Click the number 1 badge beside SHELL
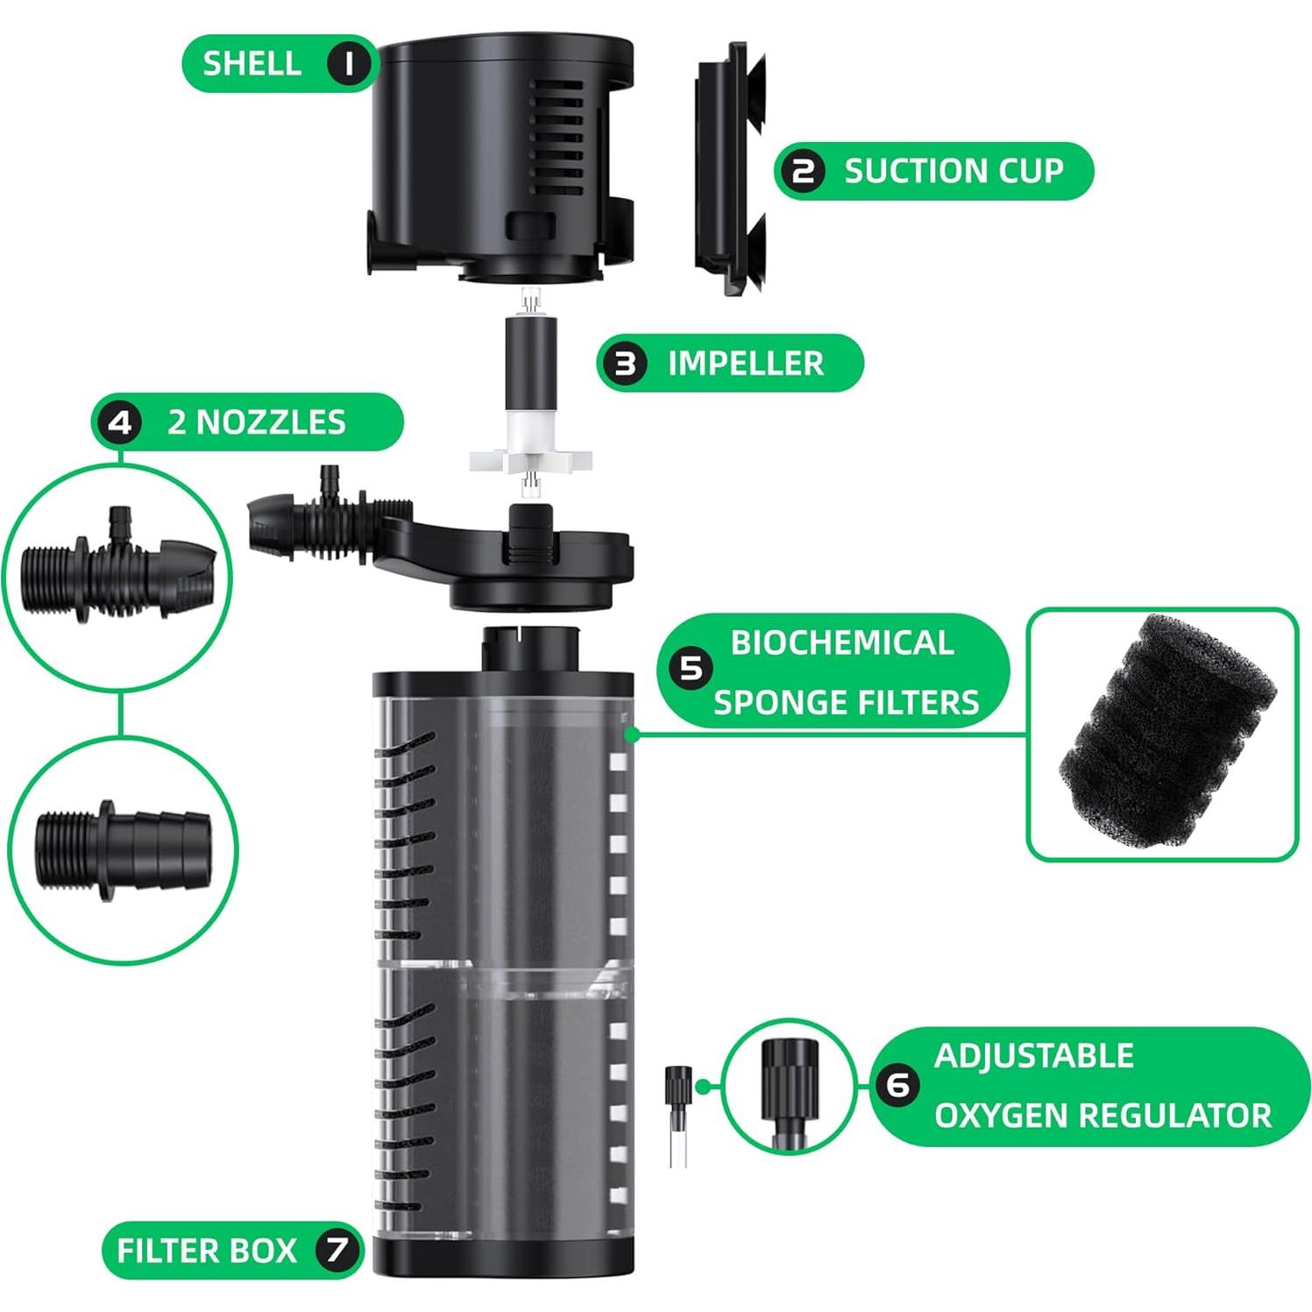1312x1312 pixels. pyautogui.click(x=349, y=63)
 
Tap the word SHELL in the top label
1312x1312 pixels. pyautogui.click(x=252, y=63)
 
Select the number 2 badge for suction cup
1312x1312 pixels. pyautogui.click(x=803, y=171)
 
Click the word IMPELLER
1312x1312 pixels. pyautogui.click(x=745, y=363)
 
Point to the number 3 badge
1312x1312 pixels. pyautogui.click(x=625, y=363)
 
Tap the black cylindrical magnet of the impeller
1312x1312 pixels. pyautogui.click(x=528, y=359)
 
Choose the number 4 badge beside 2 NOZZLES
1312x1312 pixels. pyautogui.click(x=120, y=422)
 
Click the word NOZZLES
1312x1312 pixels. pyautogui.click(x=270, y=422)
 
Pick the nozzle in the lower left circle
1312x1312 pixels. pyautogui.click(x=123, y=849)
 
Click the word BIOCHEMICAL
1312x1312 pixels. pyautogui.click(x=841, y=642)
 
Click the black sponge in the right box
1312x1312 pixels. pyautogui.click(x=1164, y=733)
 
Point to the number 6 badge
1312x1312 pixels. pyautogui.click(x=898, y=1086)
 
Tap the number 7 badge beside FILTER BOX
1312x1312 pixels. pyautogui.click(x=337, y=1250)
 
